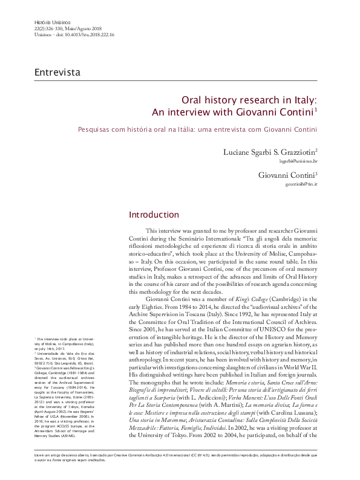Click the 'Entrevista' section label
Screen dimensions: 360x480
pyautogui.click(x=58, y=73)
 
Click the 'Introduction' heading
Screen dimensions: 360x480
pyautogui.click(x=154, y=215)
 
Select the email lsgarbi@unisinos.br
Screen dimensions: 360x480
pyautogui.click(x=301, y=162)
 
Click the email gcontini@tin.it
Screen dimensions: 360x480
pyautogui.click(x=302, y=185)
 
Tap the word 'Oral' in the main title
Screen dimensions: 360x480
pyautogui.click(x=194, y=102)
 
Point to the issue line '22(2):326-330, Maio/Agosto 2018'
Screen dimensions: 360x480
pyautogui.click(x=67, y=28)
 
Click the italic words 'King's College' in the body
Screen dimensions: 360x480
pyautogui.click(x=237, y=300)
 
